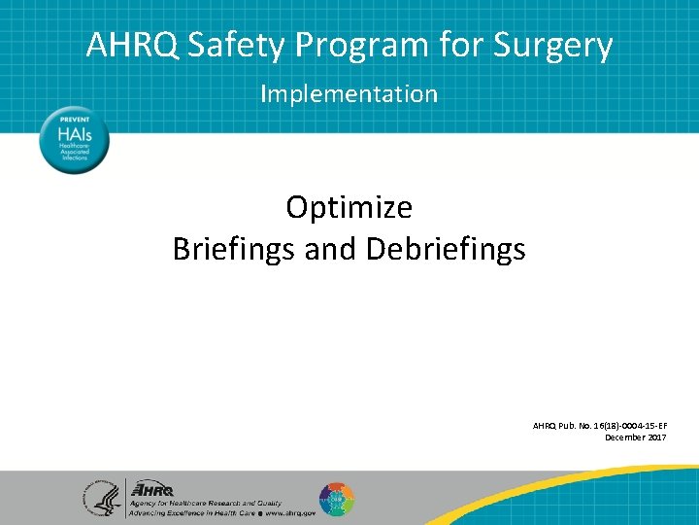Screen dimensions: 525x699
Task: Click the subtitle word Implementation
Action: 349,94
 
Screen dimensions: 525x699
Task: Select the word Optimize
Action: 349,208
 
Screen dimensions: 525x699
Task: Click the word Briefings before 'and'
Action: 234,250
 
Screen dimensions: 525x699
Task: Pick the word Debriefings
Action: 446,250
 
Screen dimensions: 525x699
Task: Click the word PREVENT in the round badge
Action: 75,120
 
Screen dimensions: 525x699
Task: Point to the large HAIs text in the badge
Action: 74,136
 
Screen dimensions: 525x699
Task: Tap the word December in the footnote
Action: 623,437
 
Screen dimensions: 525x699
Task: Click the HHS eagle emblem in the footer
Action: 102,499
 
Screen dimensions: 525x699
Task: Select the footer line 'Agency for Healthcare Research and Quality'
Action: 206,503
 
